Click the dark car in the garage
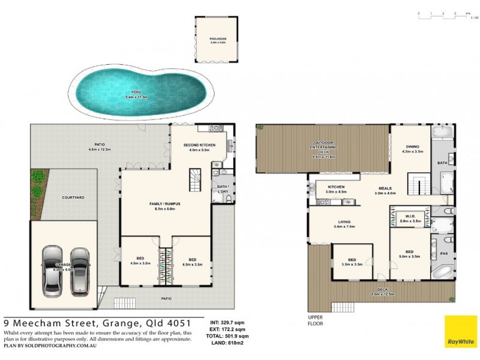[79, 271]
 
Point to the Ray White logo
[461, 331]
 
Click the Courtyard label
[73, 197]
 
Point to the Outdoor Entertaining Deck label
[324, 146]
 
